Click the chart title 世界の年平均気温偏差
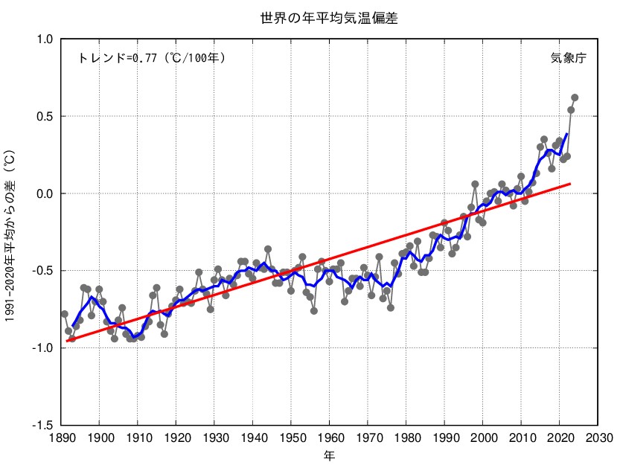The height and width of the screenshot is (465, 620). coord(328,19)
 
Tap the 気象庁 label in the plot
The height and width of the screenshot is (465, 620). coord(569,58)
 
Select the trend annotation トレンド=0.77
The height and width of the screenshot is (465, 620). coord(151,58)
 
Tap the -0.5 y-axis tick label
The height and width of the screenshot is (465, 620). coord(43,271)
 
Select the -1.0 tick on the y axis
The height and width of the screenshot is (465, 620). coord(43,348)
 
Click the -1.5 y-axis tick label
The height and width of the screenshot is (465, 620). coord(43,426)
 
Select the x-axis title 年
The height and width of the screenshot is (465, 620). coord(329,454)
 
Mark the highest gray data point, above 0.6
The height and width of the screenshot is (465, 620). coord(575,97)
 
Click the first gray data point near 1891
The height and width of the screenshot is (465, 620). coord(65,314)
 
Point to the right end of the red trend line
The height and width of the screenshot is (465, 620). coord(570,183)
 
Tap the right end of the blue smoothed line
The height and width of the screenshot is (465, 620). coord(567,134)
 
